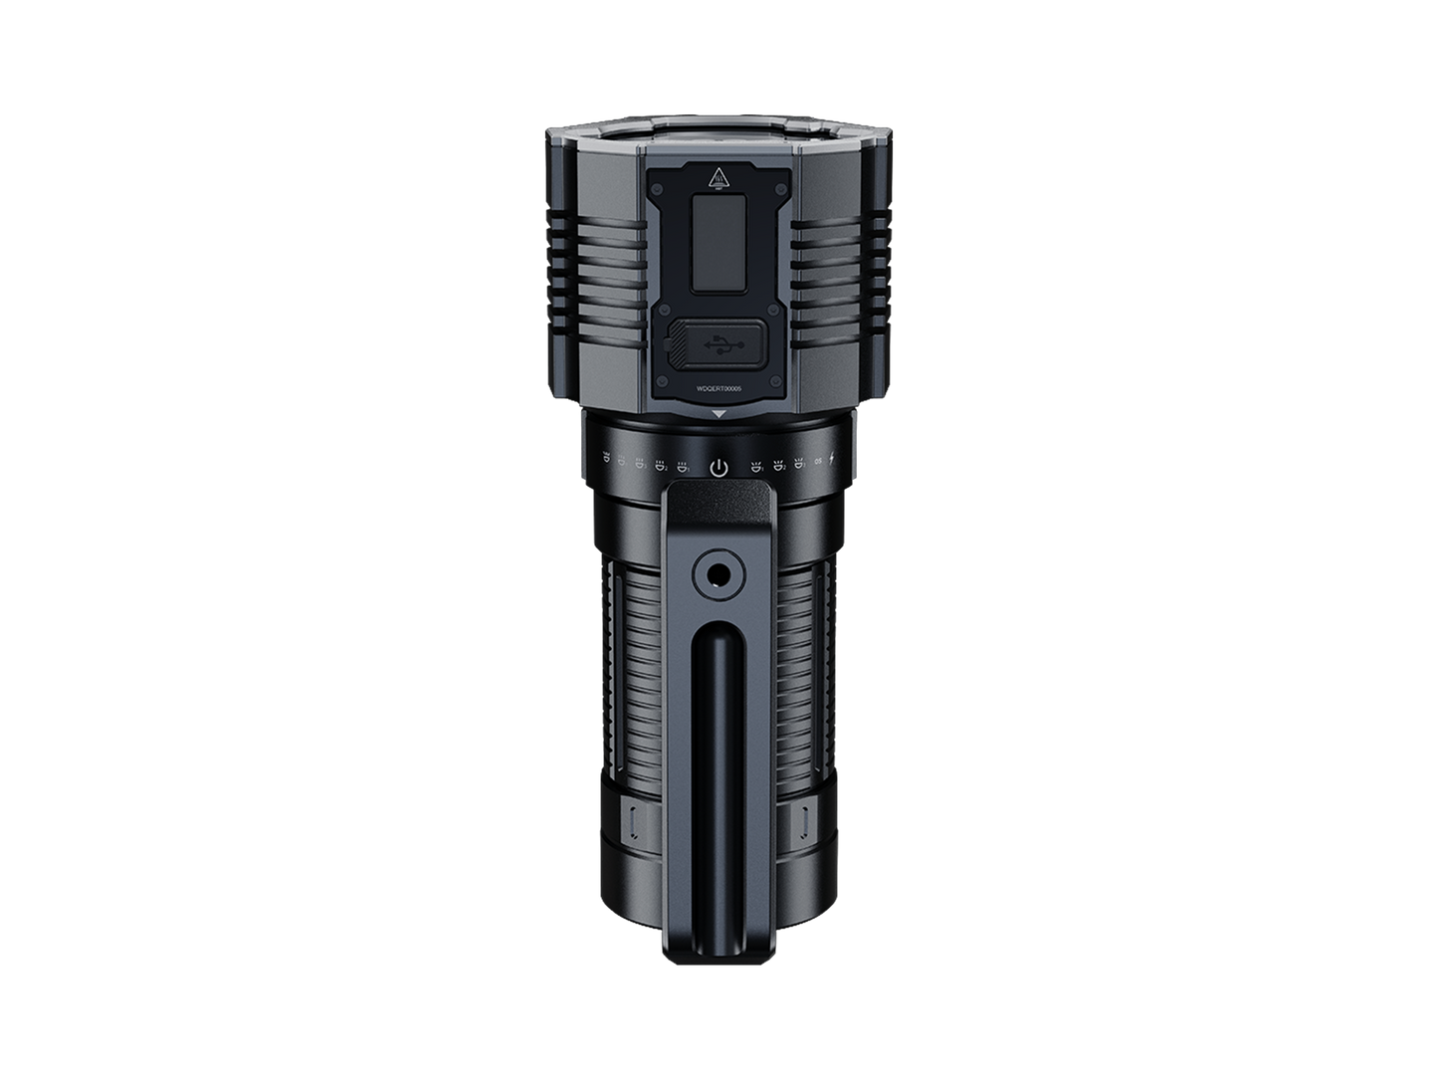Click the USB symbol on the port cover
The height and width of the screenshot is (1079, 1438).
click(719, 343)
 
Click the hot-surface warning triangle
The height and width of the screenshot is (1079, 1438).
click(719, 181)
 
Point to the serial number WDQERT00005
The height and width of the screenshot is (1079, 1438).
click(719, 389)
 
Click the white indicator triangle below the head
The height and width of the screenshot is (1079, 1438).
click(719, 413)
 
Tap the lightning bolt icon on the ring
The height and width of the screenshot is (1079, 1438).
click(833, 460)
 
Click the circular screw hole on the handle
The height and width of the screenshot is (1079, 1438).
click(719, 574)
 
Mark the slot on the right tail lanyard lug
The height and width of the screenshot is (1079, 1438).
click(805, 821)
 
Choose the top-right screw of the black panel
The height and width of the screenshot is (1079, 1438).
click(786, 171)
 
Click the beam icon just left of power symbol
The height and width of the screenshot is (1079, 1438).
click(682, 464)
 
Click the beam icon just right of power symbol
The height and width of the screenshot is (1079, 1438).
click(756, 464)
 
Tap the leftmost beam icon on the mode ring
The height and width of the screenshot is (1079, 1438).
click(606, 459)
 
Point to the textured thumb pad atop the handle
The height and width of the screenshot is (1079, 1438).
click(719, 508)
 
